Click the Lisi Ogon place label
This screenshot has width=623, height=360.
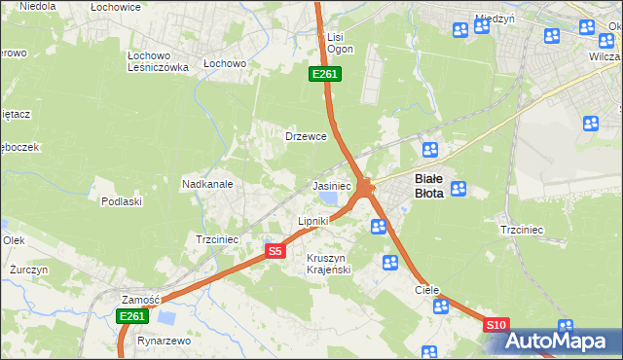(x=340, y=43)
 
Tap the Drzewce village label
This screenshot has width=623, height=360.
(x=305, y=136)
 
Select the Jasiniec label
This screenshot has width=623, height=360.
(x=331, y=186)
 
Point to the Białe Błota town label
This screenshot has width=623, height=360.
(x=429, y=186)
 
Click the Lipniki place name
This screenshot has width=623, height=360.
(x=312, y=222)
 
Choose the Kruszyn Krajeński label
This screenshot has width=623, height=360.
(x=328, y=264)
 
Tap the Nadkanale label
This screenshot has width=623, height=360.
(x=206, y=184)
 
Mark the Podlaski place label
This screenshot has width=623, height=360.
(x=122, y=201)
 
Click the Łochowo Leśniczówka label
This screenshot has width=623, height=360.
(x=157, y=61)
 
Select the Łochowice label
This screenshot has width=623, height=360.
(x=115, y=7)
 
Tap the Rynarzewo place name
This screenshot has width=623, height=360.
(x=164, y=342)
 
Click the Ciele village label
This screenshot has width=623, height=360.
(x=427, y=290)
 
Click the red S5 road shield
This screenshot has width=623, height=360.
(x=275, y=251)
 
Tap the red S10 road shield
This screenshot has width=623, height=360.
(x=495, y=325)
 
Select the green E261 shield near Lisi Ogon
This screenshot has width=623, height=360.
(x=325, y=74)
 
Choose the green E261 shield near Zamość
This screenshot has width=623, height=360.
(x=132, y=316)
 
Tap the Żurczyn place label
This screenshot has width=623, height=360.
(x=28, y=269)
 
